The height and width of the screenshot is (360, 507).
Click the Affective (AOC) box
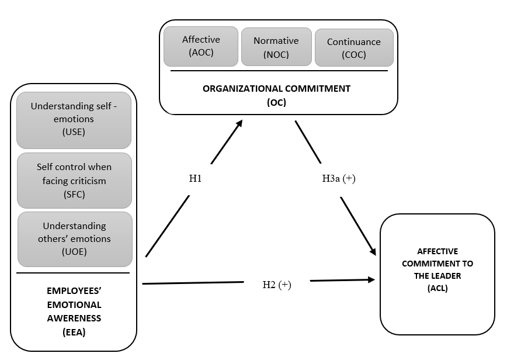(x=201, y=46)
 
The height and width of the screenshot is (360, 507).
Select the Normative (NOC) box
(x=276, y=47)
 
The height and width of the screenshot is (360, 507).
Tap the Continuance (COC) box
(x=354, y=48)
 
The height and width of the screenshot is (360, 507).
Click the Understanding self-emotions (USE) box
(x=74, y=120)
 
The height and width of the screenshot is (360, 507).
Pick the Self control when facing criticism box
(x=74, y=181)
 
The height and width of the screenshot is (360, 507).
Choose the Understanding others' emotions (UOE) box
(x=74, y=239)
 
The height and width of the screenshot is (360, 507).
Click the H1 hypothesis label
(x=196, y=179)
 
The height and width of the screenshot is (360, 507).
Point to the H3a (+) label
(x=339, y=179)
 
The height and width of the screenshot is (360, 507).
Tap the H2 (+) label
(x=277, y=285)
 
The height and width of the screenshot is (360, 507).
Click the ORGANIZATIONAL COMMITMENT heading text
(x=276, y=89)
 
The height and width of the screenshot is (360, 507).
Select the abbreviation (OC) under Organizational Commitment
(x=276, y=102)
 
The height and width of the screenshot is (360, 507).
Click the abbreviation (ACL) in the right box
(x=437, y=288)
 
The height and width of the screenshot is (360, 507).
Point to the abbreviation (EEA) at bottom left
(x=74, y=332)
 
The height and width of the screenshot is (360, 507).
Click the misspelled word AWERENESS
(x=74, y=319)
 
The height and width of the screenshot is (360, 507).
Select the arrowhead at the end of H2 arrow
(x=370, y=280)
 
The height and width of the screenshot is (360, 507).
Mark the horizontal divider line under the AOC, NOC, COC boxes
(x=279, y=71)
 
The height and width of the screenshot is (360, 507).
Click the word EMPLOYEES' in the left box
(x=74, y=290)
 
